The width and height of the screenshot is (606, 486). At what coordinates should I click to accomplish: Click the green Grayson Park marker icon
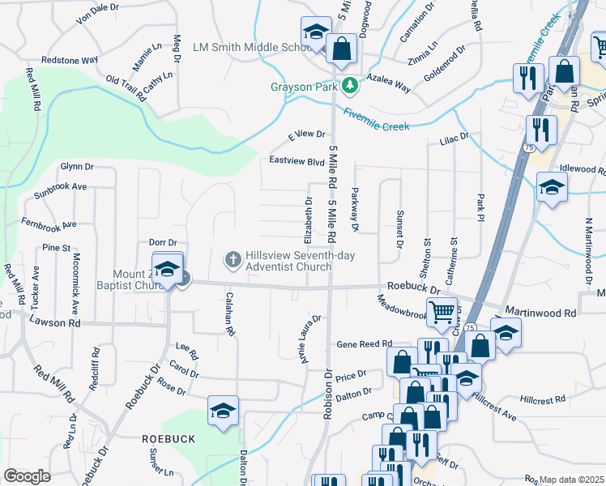click(x=349, y=85)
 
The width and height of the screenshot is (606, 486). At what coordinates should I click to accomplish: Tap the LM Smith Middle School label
click(x=247, y=47)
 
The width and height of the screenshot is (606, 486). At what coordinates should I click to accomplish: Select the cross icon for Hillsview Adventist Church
click(x=232, y=260)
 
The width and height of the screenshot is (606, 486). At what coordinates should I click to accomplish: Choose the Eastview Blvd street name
click(x=297, y=161)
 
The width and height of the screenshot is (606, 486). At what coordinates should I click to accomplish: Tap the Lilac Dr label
click(x=454, y=139)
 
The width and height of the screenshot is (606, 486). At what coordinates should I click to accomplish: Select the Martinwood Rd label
click(x=540, y=312)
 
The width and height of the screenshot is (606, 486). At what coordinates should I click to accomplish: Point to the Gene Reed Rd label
click(x=365, y=343)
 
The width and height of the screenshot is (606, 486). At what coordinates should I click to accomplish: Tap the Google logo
click(x=27, y=476)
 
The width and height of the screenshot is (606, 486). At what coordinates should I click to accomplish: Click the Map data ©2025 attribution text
click(x=572, y=480)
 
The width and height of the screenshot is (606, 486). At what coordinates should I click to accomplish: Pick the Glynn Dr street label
click(x=77, y=166)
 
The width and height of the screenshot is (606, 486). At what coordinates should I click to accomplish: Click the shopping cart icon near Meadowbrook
click(x=441, y=311)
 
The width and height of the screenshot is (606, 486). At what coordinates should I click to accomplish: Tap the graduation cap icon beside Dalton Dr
click(x=223, y=409)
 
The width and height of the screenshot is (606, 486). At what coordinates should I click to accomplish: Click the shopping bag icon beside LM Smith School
click(x=342, y=48)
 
